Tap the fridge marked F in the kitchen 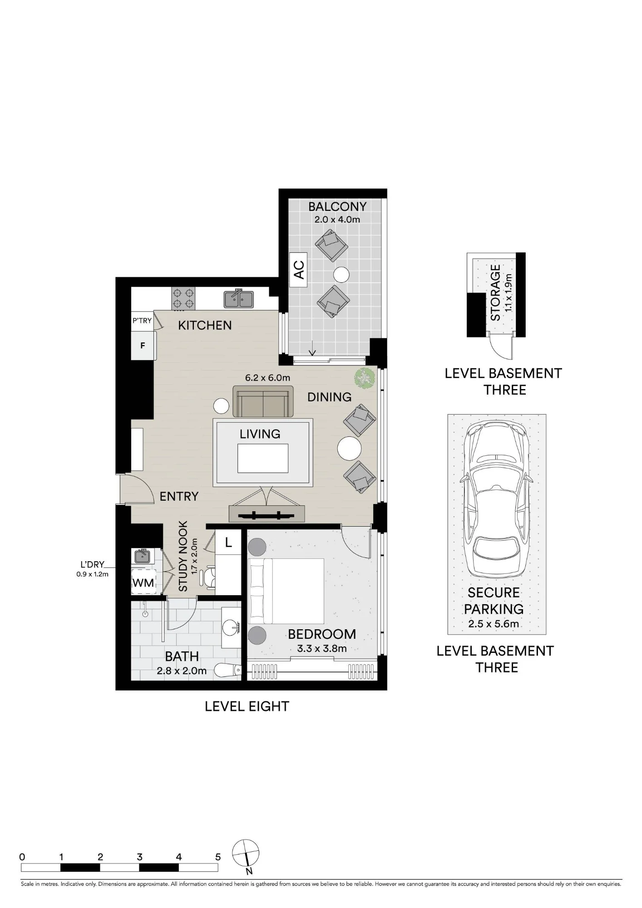pos(143,345)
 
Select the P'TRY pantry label pos(142,321)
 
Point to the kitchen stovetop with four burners pos(183,298)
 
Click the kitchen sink pos(239,299)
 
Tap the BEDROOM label pos(322,634)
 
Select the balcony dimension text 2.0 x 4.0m pos(337,219)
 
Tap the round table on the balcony pos(341,275)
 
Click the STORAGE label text pos(495,293)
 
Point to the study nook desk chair pos(209,577)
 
